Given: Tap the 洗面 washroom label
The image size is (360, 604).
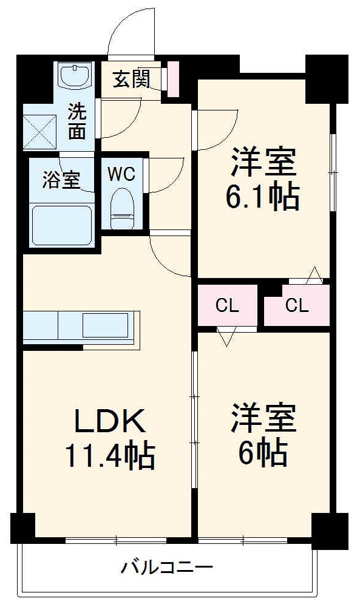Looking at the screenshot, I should click(x=76, y=121).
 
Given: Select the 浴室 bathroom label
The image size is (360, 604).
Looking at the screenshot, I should click(x=61, y=180).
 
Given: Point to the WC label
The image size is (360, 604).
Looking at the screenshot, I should click(x=121, y=174).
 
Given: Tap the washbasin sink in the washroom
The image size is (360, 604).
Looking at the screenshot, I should click(x=75, y=76).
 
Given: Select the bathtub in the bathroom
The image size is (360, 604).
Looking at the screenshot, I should click(x=60, y=225).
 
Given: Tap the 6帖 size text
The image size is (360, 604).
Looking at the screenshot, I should click(x=263, y=452).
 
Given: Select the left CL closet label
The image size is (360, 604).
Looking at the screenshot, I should click(x=228, y=305).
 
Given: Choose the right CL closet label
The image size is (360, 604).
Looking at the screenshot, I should click(x=297, y=305).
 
